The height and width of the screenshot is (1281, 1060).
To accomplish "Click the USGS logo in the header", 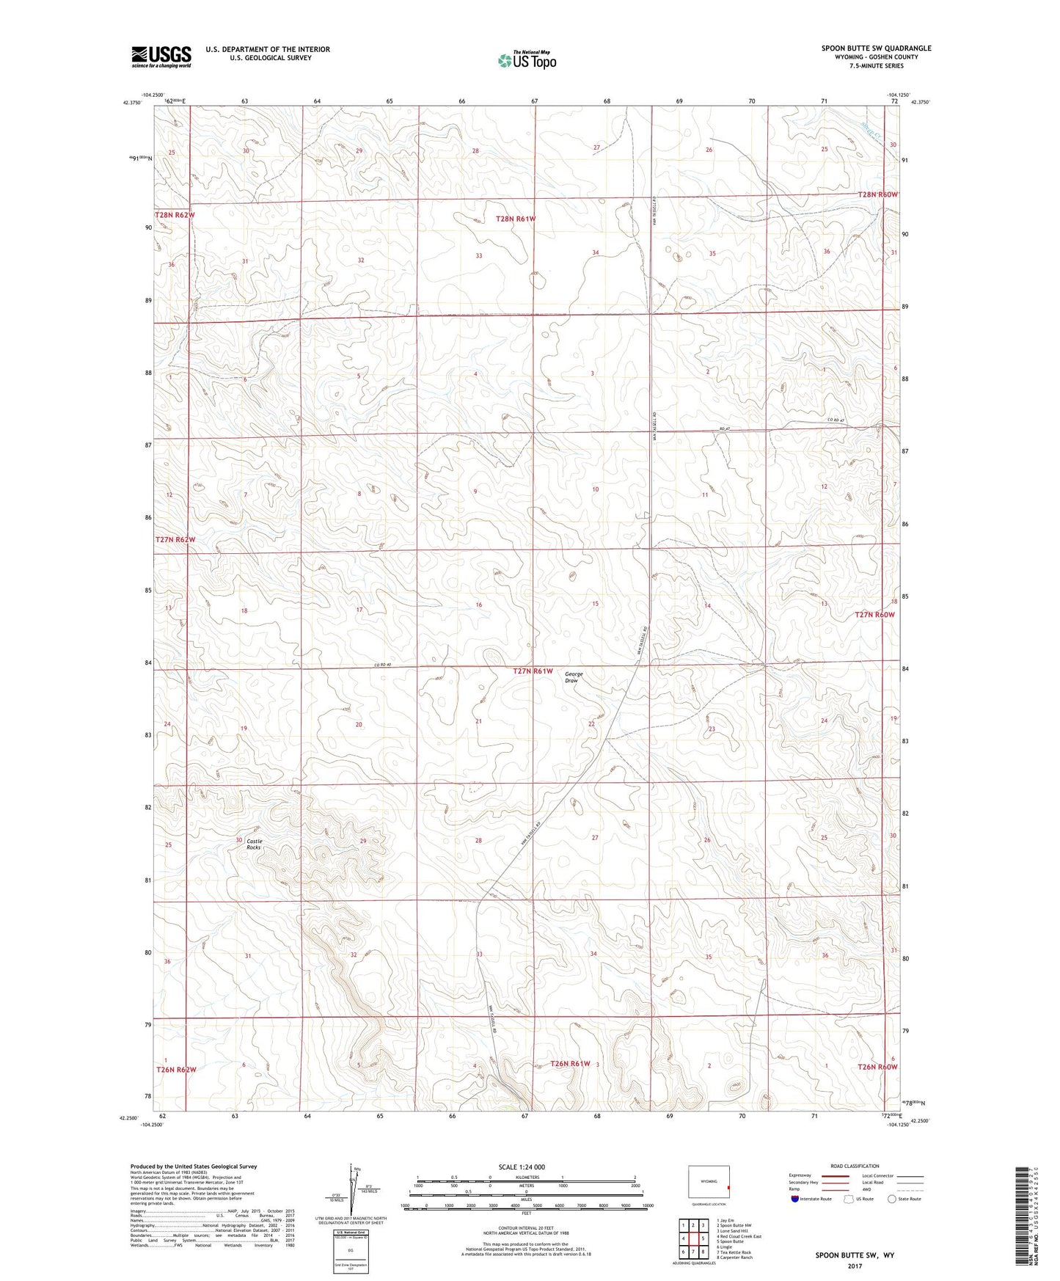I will [x=161, y=56].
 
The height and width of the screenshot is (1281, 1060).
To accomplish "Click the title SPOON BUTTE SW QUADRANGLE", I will [x=876, y=48].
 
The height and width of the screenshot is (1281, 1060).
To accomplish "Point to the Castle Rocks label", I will [x=254, y=844].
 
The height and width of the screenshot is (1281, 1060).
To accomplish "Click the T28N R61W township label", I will [x=516, y=219].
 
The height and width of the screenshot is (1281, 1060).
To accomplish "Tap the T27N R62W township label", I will [x=175, y=540].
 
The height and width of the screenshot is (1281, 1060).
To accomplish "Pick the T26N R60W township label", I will [x=877, y=1067].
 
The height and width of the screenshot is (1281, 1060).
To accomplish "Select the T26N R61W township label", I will [x=570, y=1063].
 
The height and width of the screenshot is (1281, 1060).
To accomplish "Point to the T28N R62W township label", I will [x=175, y=215].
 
